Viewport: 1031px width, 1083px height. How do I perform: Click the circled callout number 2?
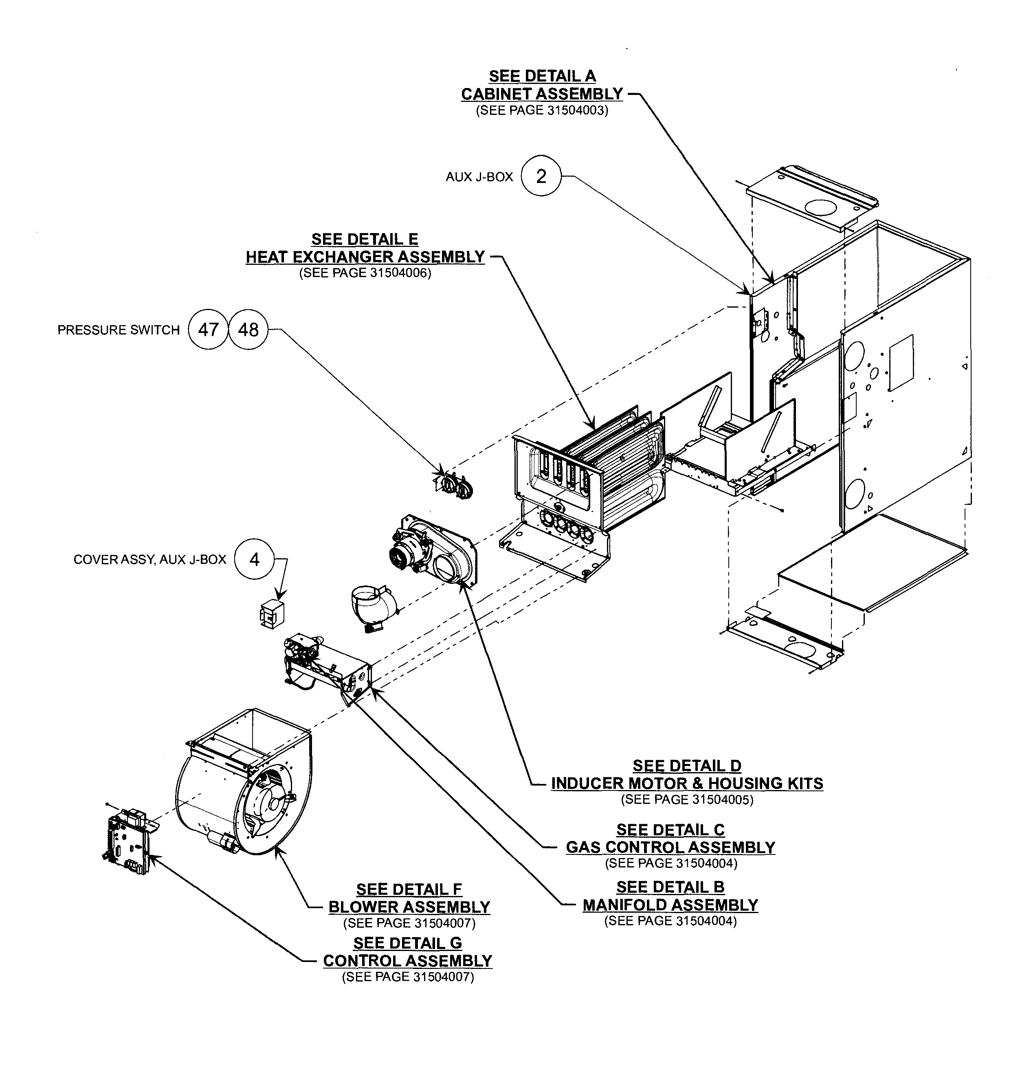click(x=541, y=176)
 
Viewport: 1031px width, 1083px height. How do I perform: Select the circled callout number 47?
click(x=208, y=330)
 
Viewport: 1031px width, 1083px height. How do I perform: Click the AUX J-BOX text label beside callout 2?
click(x=479, y=177)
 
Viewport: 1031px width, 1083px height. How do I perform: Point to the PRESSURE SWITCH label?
click(x=119, y=330)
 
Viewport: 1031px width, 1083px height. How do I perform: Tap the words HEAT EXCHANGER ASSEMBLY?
click(x=365, y=257)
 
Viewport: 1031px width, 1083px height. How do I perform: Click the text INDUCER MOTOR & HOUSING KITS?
click(x=687, y=784)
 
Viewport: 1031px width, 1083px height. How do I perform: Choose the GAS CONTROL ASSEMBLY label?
click(x=670, y=847)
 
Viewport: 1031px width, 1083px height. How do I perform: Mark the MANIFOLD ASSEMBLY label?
click(x=670, y=905)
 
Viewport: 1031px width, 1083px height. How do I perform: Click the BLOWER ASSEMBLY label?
click(x=409, y=907)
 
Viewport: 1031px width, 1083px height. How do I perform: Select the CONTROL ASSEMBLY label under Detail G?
click(x=408, y=960)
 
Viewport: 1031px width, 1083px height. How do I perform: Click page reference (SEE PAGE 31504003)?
click(x=542, y=110)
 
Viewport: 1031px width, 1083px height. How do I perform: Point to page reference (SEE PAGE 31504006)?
click(x=365, y=273)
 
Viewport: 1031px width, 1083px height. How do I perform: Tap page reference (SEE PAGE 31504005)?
click(x=687, y=799)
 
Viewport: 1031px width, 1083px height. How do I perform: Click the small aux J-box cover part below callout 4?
click(x=271, y=614)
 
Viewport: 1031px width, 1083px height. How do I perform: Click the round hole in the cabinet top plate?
click(x=819, y=207)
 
